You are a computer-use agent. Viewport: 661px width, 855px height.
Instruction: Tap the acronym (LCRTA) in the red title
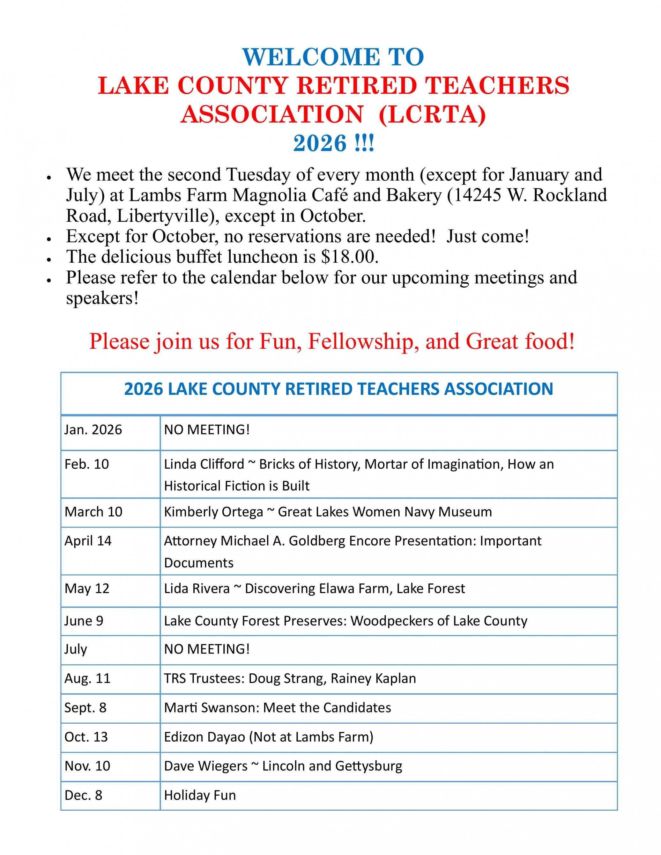[x=433, y=115]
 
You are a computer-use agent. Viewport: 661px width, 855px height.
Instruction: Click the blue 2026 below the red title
[x=320, y=143]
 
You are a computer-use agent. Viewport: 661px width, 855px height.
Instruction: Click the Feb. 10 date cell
[x=86, y=464]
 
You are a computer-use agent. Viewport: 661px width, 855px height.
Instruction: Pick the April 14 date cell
[x=88, y=541]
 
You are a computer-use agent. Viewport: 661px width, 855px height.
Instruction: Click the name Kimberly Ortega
[x=213, y=512]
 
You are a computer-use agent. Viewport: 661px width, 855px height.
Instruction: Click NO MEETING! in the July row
[x=207, y=649]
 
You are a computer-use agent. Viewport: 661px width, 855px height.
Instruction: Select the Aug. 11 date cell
[x=87, y=678]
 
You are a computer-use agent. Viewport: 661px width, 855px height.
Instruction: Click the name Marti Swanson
[x=211, y=708]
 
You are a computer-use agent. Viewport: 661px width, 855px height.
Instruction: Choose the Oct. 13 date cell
[x=86, y=737]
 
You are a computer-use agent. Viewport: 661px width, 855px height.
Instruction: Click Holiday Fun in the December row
[x=200, y=795]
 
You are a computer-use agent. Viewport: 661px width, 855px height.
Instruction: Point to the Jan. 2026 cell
[x=93, y=430]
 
